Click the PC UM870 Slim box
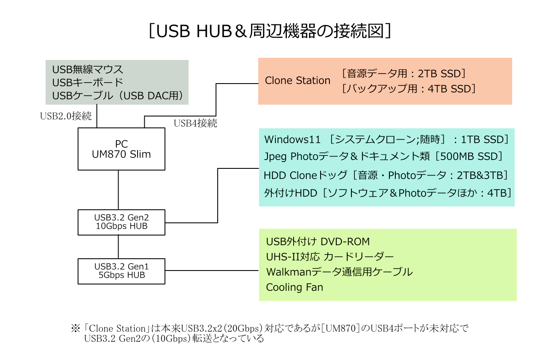pyautogui.click(x=121, y=149)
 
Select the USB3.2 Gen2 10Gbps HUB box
pyautogui.click(x=121, y=222)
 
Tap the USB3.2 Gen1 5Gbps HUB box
pyautogui.click(x=121, y=271)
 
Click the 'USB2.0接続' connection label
pyautogui.click(x=66, y=116)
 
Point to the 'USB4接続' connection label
pyautogui.click(x=195, y=123)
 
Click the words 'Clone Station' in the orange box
pyautogui.click(x=297, y=81)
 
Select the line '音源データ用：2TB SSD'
pyautogui.click(x=404, y=73)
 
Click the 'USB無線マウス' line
pyautogui.click(x=87, y=69)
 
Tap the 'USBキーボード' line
pyautogui.click(x=87, y=82)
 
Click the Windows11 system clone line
pyautogui.click(x=386, y=139)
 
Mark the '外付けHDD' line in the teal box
pyautogui.click(x=388, y=193)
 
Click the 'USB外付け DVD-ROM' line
pyautogui.click(x=318, y=241)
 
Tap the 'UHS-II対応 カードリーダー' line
pyautogui.click(x=330, y=257)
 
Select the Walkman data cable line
pyautogui.click(x=339, y=272)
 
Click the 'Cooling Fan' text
pyautogui.click(x=294, y=287)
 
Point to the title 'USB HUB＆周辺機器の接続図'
pyautogui.click(x=270, y=31)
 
